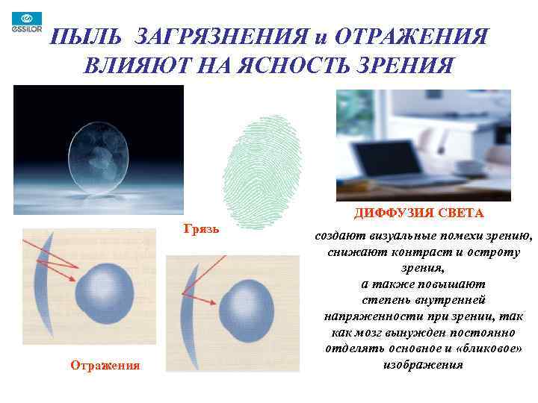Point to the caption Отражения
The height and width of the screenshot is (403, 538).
point(105,365)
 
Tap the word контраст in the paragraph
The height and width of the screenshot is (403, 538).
point(409,252)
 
